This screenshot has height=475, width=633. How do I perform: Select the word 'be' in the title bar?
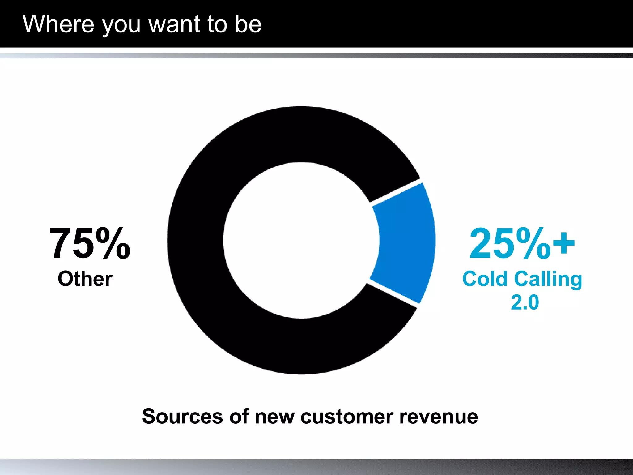(x=248, y=24)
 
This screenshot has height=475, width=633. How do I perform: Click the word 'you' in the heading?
(x=121, y=27)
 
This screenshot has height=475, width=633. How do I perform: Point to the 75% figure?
(x=90, y=243)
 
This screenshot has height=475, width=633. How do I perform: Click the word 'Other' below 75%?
(x=85, y=279)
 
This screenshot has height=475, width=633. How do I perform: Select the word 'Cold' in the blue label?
(x=485, y=279)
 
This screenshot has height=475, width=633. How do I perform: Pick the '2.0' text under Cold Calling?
(x=525, y=302)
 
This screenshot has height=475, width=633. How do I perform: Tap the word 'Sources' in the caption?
(x=182, y=416)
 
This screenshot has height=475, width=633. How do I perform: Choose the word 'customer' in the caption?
(x=346, y=417)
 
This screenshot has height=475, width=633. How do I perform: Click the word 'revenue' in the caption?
(x=439, y=417)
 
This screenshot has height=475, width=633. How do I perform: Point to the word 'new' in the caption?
(x=274, y=417)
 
